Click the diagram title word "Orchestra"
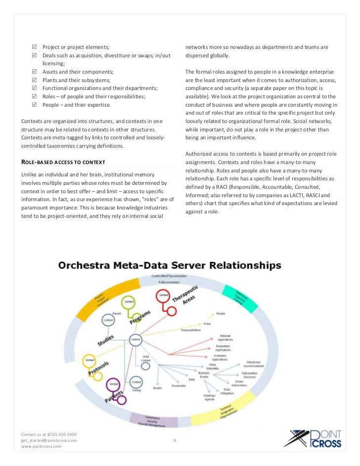pos(84,265)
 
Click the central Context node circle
pos(135,339)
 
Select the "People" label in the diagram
pos(220,313)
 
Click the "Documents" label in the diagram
pos(179,386)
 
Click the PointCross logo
pos(315,438)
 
